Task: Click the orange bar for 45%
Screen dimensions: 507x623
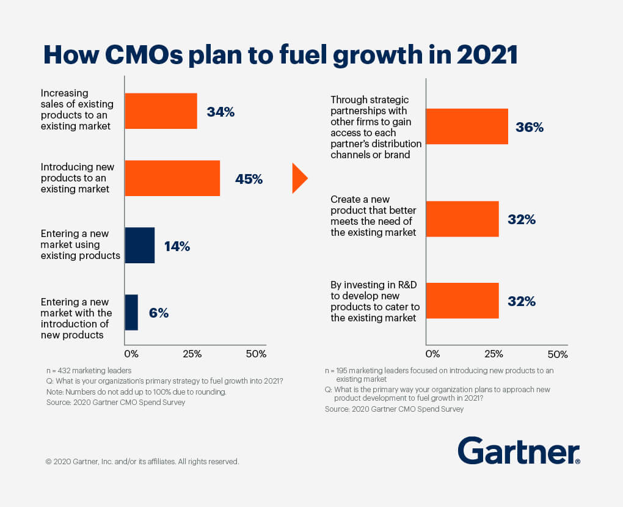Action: (172, 178)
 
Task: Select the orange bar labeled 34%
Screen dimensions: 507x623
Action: (161, 111)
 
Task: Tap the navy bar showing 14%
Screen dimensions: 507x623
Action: (139, 246)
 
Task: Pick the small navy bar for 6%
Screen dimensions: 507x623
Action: (131, 313)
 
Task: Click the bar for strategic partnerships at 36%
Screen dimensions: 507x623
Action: (467, 126)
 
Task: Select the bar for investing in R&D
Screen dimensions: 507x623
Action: (462, 301)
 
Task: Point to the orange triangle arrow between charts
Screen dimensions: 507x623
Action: (299, 178)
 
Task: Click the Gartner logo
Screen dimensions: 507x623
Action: (519, 451)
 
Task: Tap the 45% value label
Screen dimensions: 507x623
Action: (249, 180)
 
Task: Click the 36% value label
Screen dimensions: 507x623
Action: (529, 128)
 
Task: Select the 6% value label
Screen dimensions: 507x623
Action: (158, 313)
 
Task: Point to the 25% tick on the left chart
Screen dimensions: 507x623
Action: (192, 354)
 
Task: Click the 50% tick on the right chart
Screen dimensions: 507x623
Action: (558, 354)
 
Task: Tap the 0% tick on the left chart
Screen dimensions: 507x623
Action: (131, 354)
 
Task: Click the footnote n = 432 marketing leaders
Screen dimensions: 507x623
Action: (89, 370)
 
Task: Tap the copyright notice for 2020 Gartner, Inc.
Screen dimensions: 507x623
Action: (142, 462)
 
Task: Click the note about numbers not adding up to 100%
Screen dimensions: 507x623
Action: (136, 392)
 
